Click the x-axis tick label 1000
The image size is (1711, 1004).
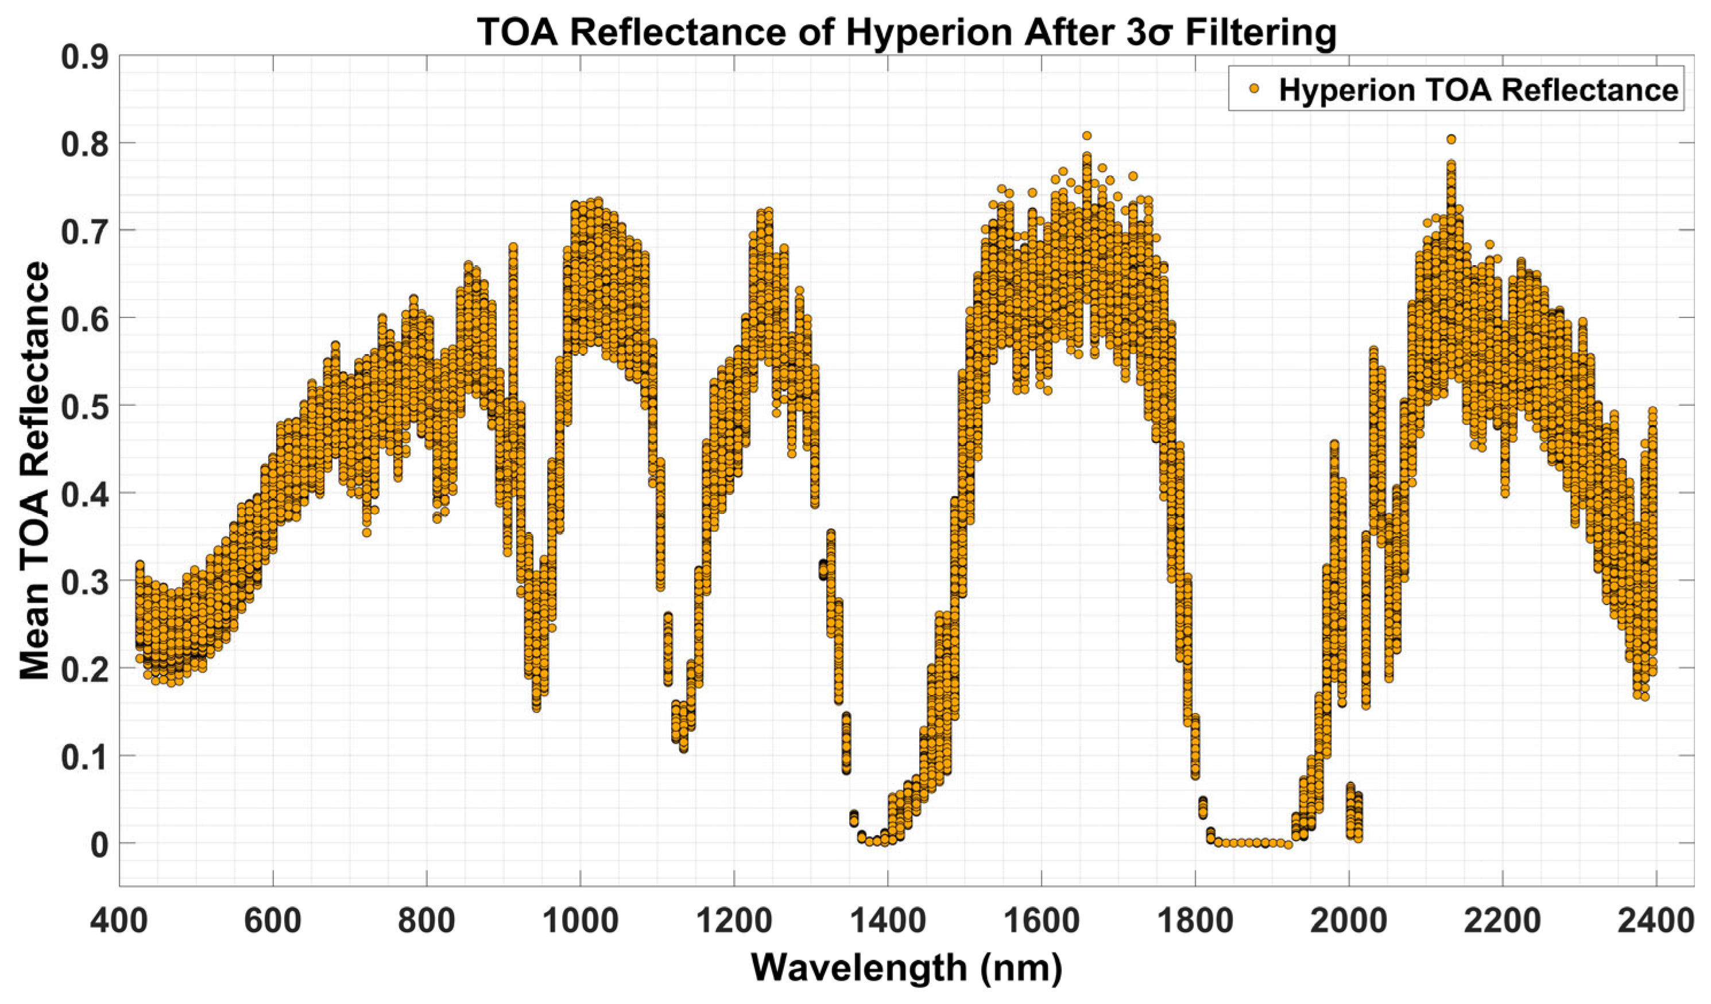[x=580, y=921]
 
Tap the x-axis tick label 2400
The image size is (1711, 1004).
[x=1656, y=921]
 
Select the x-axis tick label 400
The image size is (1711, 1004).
[x=119, y=921]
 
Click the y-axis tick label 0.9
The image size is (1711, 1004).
[x=84, y=56]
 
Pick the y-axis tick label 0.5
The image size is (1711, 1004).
[x=84, y=405]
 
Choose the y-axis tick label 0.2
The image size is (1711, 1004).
[x=84, y=669]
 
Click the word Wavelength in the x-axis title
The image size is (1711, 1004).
[x=859, y=967]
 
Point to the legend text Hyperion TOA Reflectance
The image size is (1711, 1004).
[x=1477, y=90]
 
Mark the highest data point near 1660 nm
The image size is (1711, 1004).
[x=1086, y=136]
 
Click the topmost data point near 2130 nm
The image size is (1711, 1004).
[x=1451, y=139]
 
